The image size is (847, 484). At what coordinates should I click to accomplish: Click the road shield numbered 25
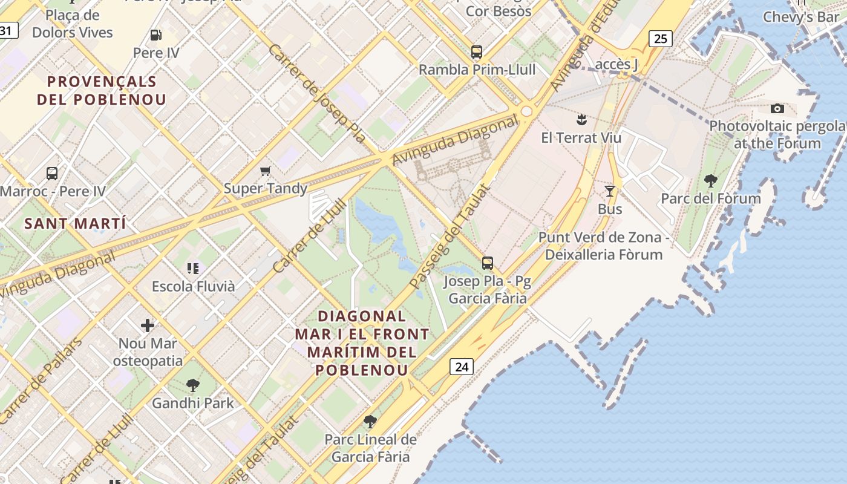click(x=660, y=39)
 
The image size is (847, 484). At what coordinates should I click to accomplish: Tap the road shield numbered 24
click(x=461, y=367)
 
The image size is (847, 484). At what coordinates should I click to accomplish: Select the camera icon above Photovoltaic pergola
click(x=777, y=109)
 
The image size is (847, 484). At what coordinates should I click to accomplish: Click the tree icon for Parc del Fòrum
click(x=711, y=180)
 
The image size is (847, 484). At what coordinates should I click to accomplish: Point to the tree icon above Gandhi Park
click(x=192, y=385)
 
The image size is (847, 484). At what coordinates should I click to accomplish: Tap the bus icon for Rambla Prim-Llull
click(x=477, y=52)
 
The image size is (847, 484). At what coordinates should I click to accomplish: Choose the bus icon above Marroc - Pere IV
click(x=52, y=174)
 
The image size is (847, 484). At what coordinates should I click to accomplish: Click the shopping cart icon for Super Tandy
click(x=265, y=171)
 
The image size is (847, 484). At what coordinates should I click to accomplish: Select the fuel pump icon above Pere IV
click(x=155, y=35)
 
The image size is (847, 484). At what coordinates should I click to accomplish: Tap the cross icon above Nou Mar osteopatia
click(x=148, y=325)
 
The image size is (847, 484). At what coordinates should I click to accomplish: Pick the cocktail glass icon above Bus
click(x=610, y=191)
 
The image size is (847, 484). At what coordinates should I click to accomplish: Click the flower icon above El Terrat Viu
click(x=581, y=119)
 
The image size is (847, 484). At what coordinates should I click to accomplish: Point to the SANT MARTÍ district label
click(x=75, y=224)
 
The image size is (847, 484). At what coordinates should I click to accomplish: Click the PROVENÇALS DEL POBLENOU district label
click(x=102, y=91)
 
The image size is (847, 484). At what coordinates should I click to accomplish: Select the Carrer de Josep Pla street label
click(x=316, y=93)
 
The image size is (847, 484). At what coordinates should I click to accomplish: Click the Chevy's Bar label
click(x=801, y=17)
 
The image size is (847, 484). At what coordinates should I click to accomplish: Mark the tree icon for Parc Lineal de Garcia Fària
click(x=370, y=422)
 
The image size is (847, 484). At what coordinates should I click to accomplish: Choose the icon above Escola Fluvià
click(x=193, y=268)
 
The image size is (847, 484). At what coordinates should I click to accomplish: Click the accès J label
click(x=617, y=64)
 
